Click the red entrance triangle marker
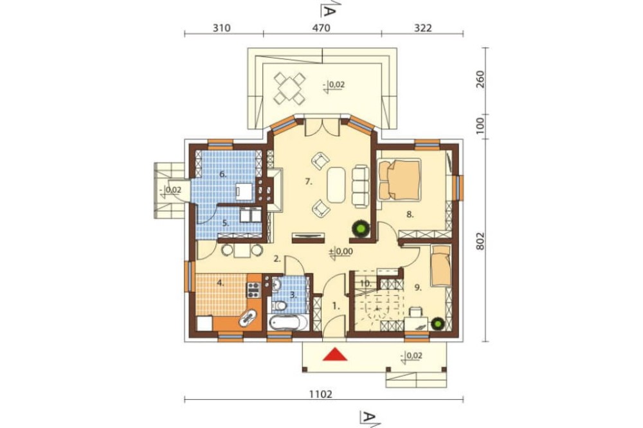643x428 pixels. click(x=335, y=355)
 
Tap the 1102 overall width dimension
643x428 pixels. click(x=321, y=394)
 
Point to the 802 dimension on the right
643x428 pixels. click(x=480, y=241)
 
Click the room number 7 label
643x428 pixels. click(x=309, y=182)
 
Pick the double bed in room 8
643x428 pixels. click(x=400, y=180)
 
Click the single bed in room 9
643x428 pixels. click(x=441, y=265)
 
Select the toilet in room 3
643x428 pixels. click(x=280, y=305)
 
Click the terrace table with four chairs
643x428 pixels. click(x=290, y=88)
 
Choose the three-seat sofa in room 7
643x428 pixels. click(x=361, y=186)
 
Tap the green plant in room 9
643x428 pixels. click(x=437, y=324)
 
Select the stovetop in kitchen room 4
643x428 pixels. click(x=253, y=290)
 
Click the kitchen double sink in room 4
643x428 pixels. click(x=248, y=317)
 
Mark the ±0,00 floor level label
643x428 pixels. click(x=340, y=251)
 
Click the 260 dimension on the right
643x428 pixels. click(x=480, y=79)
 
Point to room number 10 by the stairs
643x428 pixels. click(x=365, y=283)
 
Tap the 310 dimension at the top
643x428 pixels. click(x=222, y=28)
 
